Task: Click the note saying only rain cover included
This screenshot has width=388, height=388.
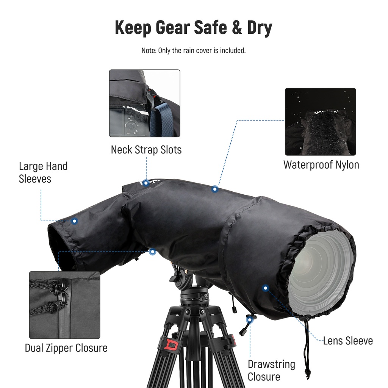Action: pyautogui.click(x=194, y=50)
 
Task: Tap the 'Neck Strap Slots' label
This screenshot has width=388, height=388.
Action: pyautogui.click(x=146, y=150)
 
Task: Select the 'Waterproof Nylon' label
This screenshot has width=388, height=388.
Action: pyautogui.click(x=321, y=165)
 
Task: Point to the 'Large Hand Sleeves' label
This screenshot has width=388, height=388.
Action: pyautogui.click(x=43, y=172)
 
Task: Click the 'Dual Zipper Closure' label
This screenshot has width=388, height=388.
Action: pyautogui.click(x=66, y=348)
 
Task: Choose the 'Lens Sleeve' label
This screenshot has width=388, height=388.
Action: pyautogui.click(x=348, y=341)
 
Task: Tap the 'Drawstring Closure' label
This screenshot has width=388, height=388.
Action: pyautogui.click(x=271, y=370)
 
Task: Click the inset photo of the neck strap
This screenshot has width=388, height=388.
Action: pyautogui.click(x=144, y=103)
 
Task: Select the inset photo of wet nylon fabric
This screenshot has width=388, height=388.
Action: pyautogui.click(x=321, y=122)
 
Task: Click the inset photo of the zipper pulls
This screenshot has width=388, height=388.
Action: pyautogui.click(x=64, y=305)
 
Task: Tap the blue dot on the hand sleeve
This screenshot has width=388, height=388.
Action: pyautogui.click(x=75, y=221)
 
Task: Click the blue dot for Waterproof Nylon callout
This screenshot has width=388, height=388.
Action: pyautogui.click(x=215, y=188)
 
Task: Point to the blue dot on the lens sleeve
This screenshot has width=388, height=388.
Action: pyautogui.click(x=265, y=288)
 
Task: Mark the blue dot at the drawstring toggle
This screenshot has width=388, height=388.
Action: pyautogui.click(x=250, y=320)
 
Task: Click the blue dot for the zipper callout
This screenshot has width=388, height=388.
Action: pyautogui.click(x=153, y=251)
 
